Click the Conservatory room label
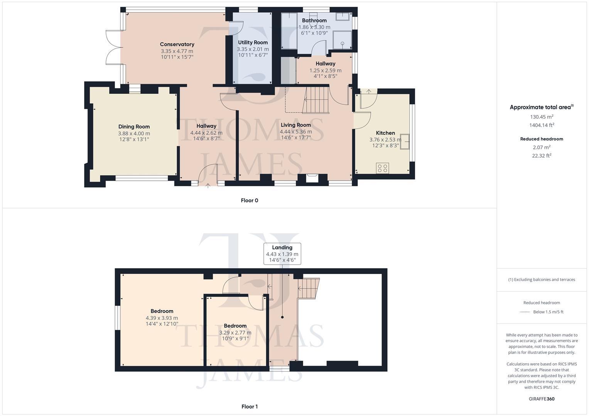click(x=177, y=44)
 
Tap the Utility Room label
click(x=253, y=42)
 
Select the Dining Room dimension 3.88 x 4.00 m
click(x=134, y=133)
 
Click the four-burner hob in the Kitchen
click(x=383, y=168)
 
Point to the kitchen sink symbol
click(x=405, y=141)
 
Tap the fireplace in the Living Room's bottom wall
click(x=312, y=178)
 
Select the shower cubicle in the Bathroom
click(x=342, y=40)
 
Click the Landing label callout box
click(x=282, y=253)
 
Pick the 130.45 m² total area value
click(x=541, y=117)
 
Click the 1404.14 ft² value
click(x=541, y=125)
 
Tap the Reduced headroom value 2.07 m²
click(x=541, y=147)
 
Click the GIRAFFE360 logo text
click(x=541, y=399)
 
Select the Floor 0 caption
click(x=249, y=200)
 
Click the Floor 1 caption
click(x=249, y=406)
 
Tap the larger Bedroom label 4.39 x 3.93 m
click(x=162, y=318)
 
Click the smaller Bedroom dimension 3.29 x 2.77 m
click(x=235, y=332)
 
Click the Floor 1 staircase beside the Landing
click(x=308, y=288)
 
